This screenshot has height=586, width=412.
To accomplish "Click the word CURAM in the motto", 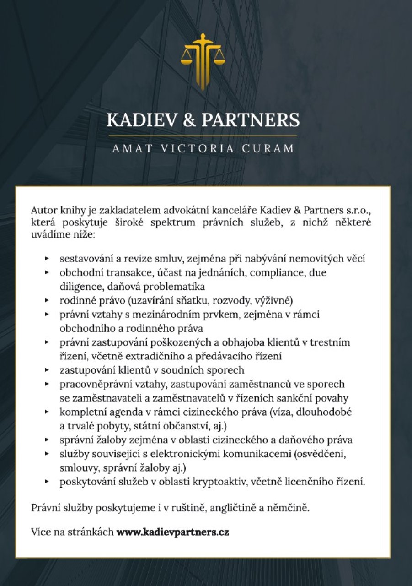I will [270, 149].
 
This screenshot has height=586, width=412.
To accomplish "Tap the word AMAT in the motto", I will [132, 149].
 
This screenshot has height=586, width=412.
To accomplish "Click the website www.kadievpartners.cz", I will [173, 532].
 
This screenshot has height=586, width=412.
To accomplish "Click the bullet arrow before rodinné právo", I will [47, 301].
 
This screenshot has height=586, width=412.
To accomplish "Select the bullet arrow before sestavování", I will [47, 259].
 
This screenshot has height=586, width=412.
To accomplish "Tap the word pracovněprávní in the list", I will [92, 384].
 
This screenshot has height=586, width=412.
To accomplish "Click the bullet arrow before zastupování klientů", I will [47, 369].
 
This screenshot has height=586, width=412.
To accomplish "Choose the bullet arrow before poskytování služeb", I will [47, 482].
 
